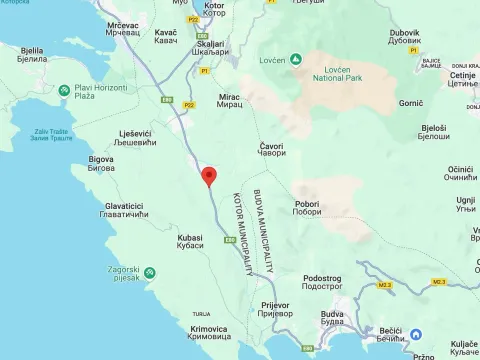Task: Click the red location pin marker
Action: coord(209,177)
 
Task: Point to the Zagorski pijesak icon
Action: coord(149,272)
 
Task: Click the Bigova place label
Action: coord(101,163)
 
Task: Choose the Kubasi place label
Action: coord(190,241)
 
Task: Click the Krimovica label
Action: coord(208,333)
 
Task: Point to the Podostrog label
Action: coord(322,282)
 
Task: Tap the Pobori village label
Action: coord(307,207)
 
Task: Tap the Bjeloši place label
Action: coord(433,132)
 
